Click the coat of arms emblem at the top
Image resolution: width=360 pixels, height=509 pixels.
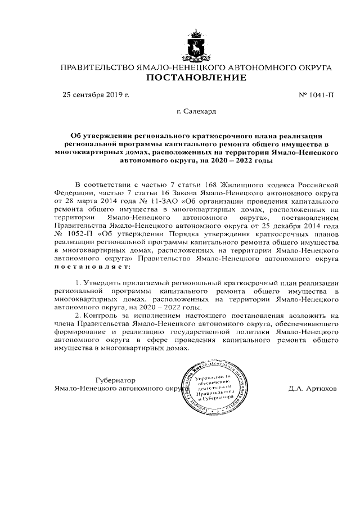[196, 47]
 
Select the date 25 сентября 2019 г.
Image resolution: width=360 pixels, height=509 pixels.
[96, 94]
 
